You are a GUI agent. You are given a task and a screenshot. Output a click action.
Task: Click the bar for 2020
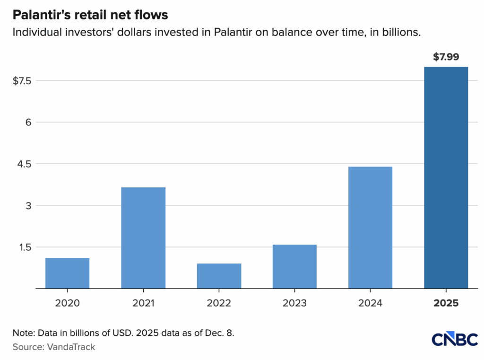68,273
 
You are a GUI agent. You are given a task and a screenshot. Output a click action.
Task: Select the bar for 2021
143,238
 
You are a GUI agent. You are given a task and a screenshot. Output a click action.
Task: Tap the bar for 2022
219,276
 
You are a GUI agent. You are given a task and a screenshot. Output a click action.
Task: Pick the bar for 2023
294,266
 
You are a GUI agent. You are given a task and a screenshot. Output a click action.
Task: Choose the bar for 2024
370,228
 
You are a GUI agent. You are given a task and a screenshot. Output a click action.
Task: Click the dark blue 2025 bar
446,177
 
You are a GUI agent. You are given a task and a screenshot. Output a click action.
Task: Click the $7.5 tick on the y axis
22,80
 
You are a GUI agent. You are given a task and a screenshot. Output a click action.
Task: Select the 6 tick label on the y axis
28,122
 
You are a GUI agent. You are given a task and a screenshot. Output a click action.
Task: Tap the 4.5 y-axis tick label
24,164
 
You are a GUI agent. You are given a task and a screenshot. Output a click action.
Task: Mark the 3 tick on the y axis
28,205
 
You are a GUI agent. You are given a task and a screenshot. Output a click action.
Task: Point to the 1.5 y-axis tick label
24,247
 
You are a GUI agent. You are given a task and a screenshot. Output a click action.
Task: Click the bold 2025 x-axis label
446,303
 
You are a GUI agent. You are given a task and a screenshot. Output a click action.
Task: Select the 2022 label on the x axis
219,303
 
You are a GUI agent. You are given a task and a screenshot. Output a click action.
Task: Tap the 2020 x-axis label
68,303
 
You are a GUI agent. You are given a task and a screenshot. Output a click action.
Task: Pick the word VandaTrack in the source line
71,347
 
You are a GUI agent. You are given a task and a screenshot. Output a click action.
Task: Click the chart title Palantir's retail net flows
90,15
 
